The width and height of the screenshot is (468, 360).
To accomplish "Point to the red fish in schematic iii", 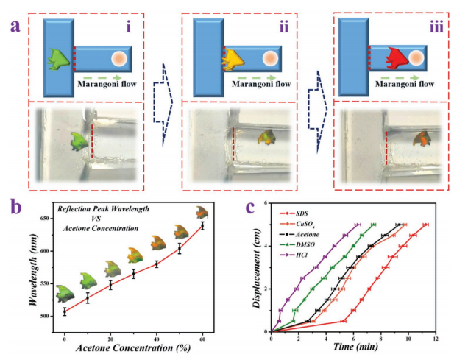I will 403,56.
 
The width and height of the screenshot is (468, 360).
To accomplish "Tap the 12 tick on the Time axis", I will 436,339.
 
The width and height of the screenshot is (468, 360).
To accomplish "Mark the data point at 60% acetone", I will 202,225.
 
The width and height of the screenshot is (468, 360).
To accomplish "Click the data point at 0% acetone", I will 64,312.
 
